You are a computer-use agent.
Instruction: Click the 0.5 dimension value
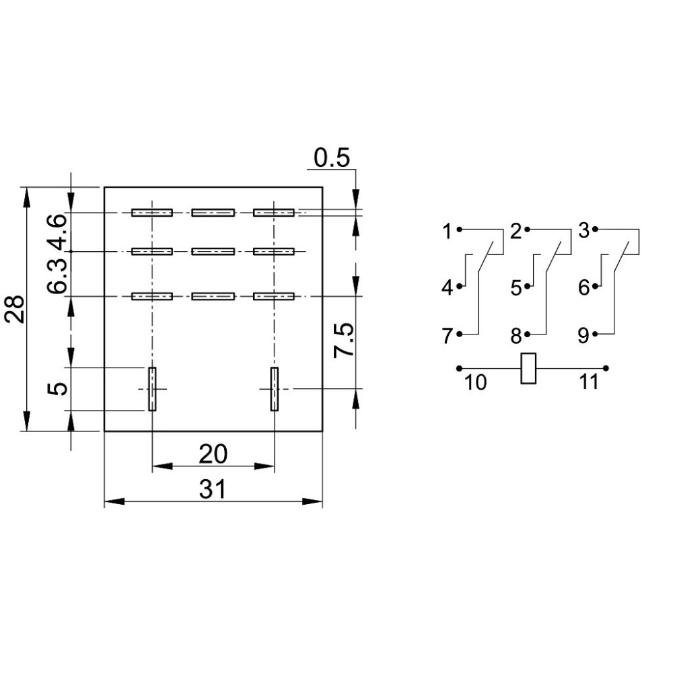332,158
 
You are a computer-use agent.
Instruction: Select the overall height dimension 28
15,309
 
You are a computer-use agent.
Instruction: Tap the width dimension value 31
213,489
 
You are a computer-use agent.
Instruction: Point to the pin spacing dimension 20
213,454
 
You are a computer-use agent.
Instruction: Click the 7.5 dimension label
344,340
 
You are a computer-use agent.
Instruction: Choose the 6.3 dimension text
57,276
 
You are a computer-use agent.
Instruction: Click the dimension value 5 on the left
57,389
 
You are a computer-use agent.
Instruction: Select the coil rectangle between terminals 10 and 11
528,368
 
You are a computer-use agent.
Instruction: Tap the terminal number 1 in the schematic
448,232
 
